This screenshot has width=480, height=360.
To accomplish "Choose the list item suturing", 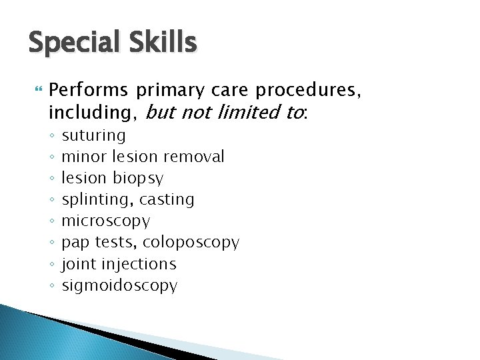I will (x=94, y=136).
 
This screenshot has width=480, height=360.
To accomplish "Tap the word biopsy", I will (x=138, y=179).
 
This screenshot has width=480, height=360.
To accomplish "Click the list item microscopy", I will (x=106, y=221).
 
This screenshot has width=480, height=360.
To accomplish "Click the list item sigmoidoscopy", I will (x=120, y=286).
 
